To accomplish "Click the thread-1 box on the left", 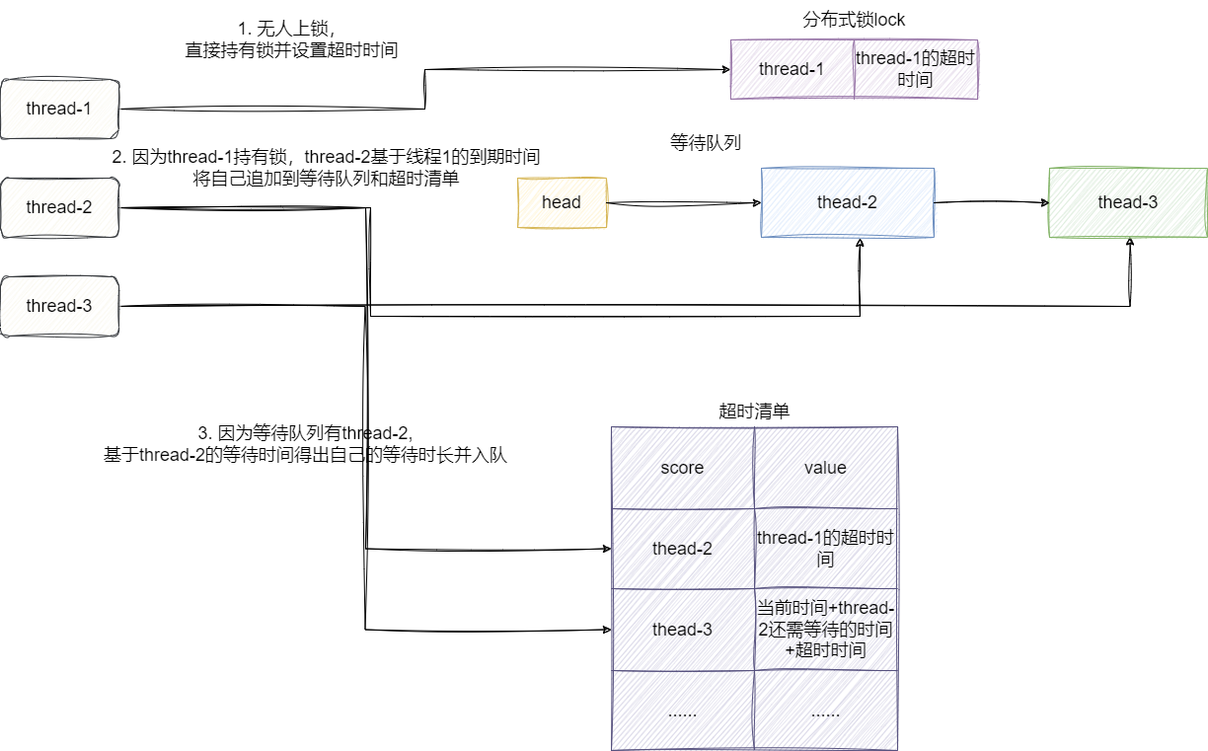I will click(x=60, y=109).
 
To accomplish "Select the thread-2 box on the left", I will click(x=60, y=207).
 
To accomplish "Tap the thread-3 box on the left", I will click(x=60, y=306).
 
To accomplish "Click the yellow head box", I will click(x=562, y=202).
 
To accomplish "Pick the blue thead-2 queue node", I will click(x=848, y=202).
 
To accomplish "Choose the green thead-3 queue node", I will click(x=1128, y=202).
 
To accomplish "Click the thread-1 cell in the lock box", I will click(x=792, y=69).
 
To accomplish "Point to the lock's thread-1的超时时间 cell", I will click(x=916, y=69).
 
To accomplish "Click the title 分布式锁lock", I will click(x=855, y=20).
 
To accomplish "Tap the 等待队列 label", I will click(x=706, y=143).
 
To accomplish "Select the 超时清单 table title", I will click(x=755, y=412).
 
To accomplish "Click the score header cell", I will click(x=682, y=468).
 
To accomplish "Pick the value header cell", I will click(x=826, y=468).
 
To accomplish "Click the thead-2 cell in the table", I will click(x=682, y=549).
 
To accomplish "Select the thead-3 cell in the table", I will click(x=682, y=630).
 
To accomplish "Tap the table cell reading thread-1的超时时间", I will click(x=826, y=549).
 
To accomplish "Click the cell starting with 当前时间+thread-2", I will click(x=826, y=630).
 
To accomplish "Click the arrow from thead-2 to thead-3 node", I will click(x=991, y=202).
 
